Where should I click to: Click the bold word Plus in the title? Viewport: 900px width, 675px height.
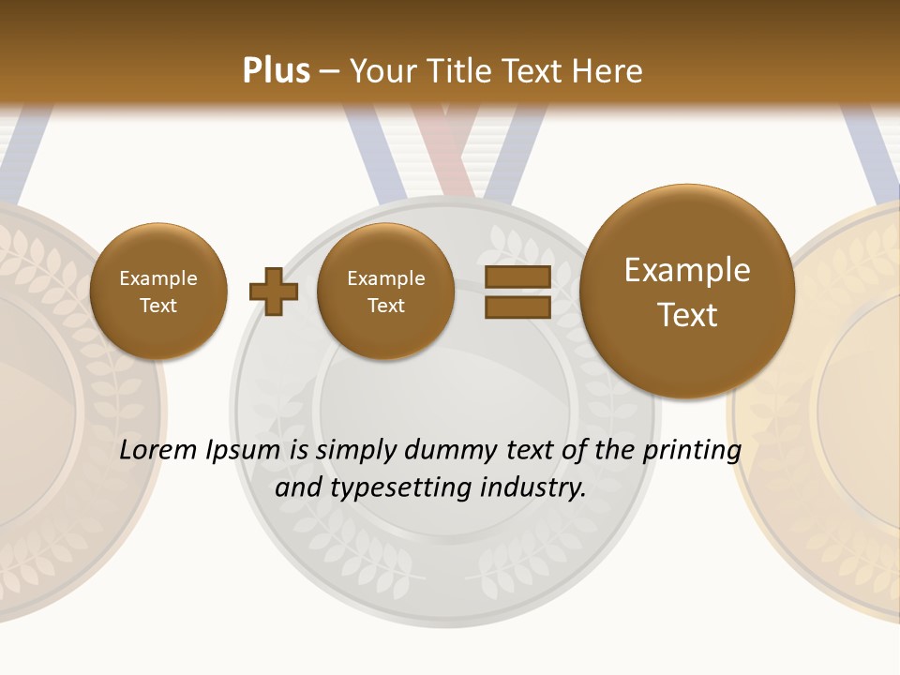[x=276, y=71]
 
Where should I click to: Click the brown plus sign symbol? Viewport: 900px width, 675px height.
[x=274, y=292]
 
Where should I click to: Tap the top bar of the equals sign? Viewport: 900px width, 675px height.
[x=517, y=277]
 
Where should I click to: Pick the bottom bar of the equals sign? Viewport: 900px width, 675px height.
[x=517, y=307]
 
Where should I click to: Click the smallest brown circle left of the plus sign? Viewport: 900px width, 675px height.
[x=158, y=292]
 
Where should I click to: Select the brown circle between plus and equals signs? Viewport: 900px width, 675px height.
[x=385, y=292]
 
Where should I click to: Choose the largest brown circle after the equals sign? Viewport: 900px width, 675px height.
[x=687, y=292]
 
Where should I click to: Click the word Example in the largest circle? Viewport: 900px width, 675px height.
[x=687, y=270]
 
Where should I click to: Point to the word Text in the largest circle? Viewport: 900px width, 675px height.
[x=687, y=315]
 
